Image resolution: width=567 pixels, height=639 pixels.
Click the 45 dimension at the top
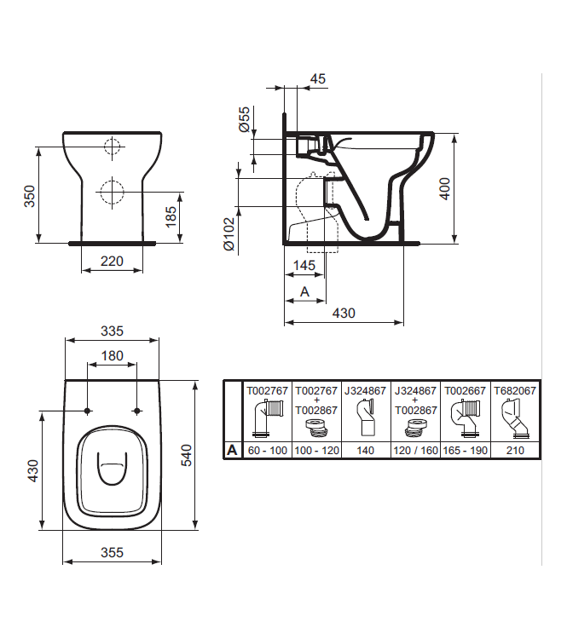coord(317,79)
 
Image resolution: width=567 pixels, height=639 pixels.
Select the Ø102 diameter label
coord(229,233)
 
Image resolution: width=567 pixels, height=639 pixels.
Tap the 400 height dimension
coord(443,187)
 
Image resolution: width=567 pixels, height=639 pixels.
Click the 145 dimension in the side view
coord(304,266)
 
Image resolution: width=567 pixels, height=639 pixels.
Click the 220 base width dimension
coord(112,261)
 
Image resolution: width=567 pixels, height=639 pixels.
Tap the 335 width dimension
coord(112,331)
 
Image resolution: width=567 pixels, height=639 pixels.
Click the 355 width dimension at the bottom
coord(112,552)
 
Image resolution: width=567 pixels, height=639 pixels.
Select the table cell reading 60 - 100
coord(267,450)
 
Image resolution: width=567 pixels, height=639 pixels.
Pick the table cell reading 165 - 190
coord(466,450)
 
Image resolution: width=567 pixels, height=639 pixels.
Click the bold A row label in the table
coord(231,450)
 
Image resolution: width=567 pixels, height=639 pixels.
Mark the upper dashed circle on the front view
coord(112,147)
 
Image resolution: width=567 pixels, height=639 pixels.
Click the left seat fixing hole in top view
coord(88,412)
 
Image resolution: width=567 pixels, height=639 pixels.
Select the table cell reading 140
coord(366,450)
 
